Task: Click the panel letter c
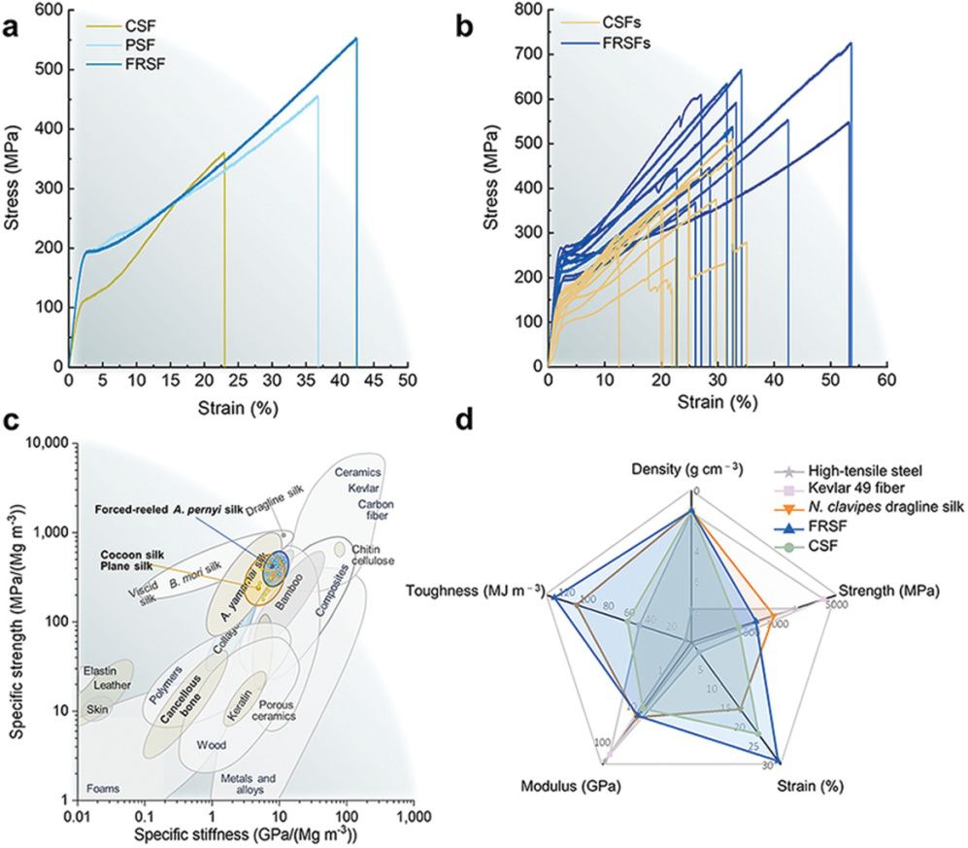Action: pyautogui.click(x=12, y=420)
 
